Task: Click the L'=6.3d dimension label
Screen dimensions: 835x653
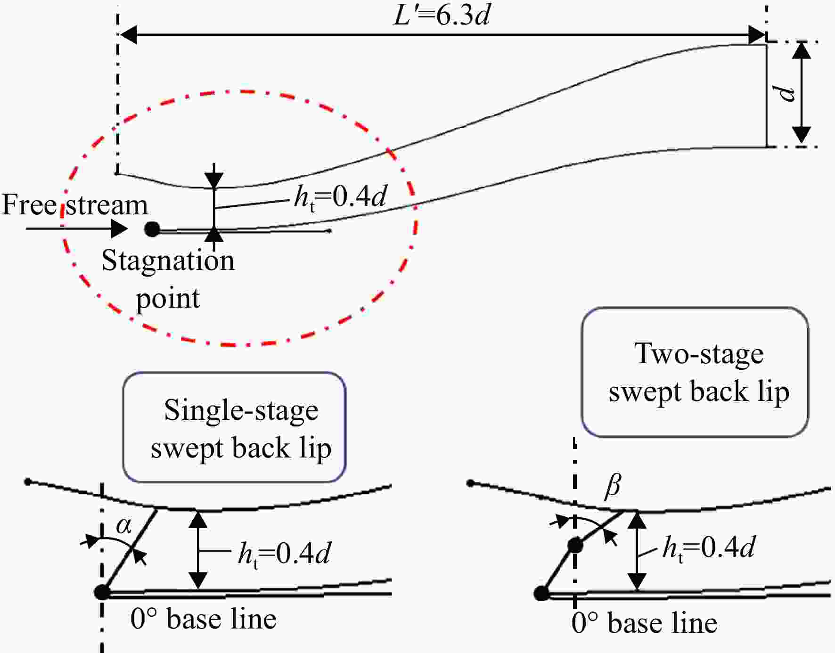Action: click(x=442, y=15)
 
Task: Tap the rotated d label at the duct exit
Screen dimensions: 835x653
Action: click(x=786, y=93)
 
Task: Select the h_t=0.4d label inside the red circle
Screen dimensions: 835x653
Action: click(x=340, y=196)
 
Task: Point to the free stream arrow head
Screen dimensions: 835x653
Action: click(x=119, y=229)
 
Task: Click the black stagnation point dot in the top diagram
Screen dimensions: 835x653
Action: click(x=152, y=229)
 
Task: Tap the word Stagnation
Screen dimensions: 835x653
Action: click(x=168, y=261)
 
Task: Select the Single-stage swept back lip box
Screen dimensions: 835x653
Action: click(x=234, y=427)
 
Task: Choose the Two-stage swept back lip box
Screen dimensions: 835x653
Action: click(x=695, y=372)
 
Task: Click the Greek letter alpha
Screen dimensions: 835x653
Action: click(x=124, y=525)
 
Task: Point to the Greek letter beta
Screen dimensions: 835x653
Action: click(x=613, y=485)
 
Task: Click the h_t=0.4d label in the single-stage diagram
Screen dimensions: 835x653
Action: click(x=284, y=554)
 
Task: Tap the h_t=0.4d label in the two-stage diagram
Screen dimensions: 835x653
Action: click(x=709, y=548)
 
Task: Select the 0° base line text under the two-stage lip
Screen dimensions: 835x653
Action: click(x=644, y=623)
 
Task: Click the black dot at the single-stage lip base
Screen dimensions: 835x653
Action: click(x=102, y=592)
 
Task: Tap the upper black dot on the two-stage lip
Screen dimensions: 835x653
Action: click(x=575, y=546)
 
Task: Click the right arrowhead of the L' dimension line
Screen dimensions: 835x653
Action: click(x=757, y=35)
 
